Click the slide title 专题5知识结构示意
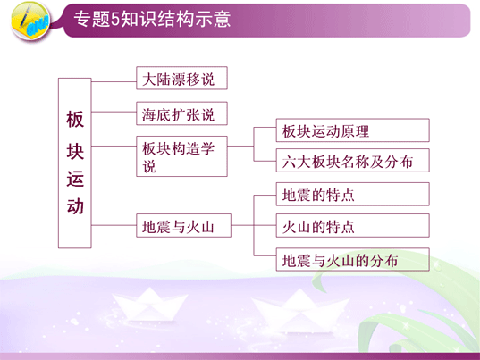point(152,19)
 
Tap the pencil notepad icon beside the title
point(30,21)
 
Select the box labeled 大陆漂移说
point(181,78)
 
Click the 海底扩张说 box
point(181,113)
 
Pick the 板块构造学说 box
point(181,156)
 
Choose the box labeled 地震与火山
point(183,225)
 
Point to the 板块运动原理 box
point(353,130)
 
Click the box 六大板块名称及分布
point(353,160)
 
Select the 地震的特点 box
point(353,194)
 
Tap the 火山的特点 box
point(353,226)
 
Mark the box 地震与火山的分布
point(353,259)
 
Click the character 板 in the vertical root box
point(75,120)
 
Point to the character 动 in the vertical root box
point(75,206)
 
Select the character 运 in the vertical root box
point(75,179)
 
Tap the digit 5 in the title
point(114,20)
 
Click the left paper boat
point(149,304)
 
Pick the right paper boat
point(299,310)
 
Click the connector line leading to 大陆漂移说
point(114,81)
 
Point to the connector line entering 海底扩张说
point(114,112)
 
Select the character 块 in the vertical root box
point(75,151)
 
